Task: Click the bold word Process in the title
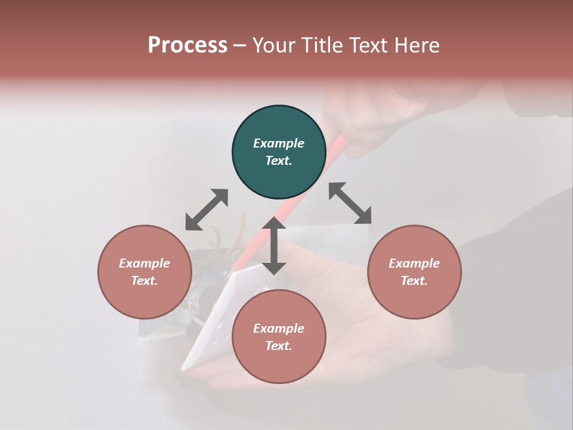[187, 45]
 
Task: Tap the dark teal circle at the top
[279, 152]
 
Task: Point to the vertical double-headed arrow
[274, 245]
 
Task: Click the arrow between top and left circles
[207, 210]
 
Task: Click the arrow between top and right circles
[350, 203]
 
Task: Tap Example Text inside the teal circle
[279, 152]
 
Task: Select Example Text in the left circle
[144, 272]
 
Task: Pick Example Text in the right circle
[414, 272]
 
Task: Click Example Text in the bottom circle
[279, 337]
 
